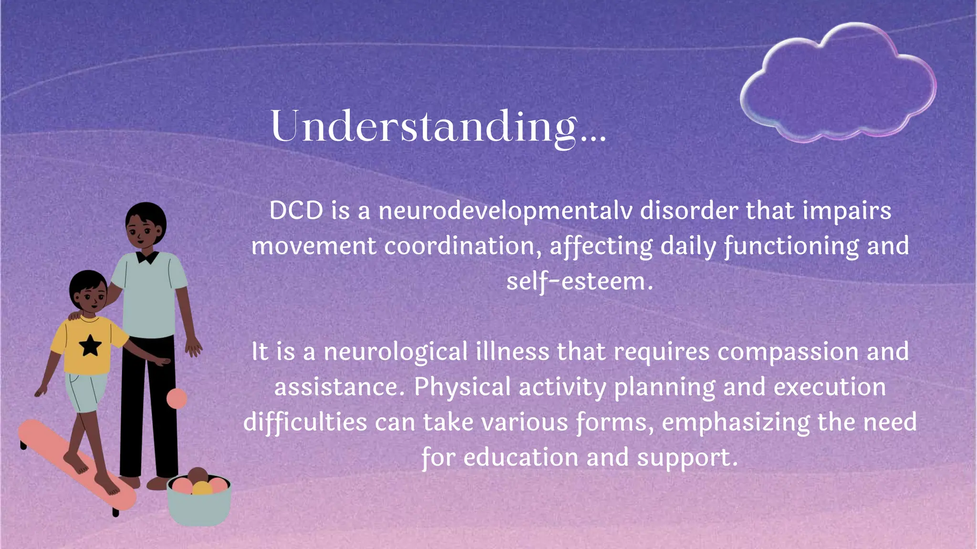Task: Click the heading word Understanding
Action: point(425,126)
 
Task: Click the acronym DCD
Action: point(296,211)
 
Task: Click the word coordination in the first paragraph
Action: point(462,246)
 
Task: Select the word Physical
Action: point(462,387)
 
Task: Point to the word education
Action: point(521,457)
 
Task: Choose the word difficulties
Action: point(305,422)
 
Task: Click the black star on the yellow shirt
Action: point(90,346)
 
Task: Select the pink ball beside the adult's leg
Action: point(177,398)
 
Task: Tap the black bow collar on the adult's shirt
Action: point(147,257)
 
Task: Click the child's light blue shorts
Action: point(86,391)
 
